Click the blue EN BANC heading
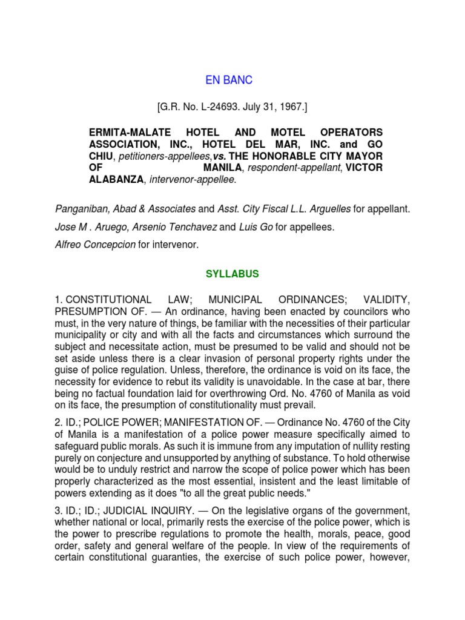[229, 80]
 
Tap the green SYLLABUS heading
[232, 274]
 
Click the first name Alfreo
[69, 245]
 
